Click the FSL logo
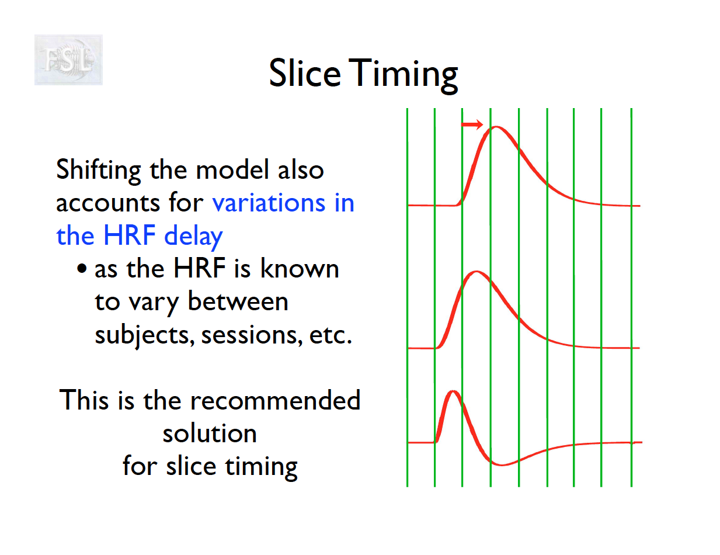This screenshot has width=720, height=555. click(x=68, y=60)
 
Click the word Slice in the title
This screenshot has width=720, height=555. click(x=305, y=73)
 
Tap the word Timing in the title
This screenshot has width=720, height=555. click(x=403, y=76)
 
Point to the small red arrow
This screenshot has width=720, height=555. click(x=472, y=124)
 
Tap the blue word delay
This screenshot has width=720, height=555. click(x=193, y=236)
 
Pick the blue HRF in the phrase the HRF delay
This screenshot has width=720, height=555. click(x=130, y=235)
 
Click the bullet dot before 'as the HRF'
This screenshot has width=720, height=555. click(x=82, y=268)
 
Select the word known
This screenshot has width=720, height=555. click(x=300, y=268)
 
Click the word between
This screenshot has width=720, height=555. click(x=238, y=301)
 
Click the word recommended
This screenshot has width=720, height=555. click(x=275, y=400)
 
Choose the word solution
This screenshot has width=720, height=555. click(x=210, y=433)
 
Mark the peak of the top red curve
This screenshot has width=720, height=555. click(x=496, y=127)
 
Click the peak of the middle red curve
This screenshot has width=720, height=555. click(x=476, y=272)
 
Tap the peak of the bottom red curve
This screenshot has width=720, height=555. click(x=453, y=391)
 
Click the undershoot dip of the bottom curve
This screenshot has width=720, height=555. click(x=502, y=465)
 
